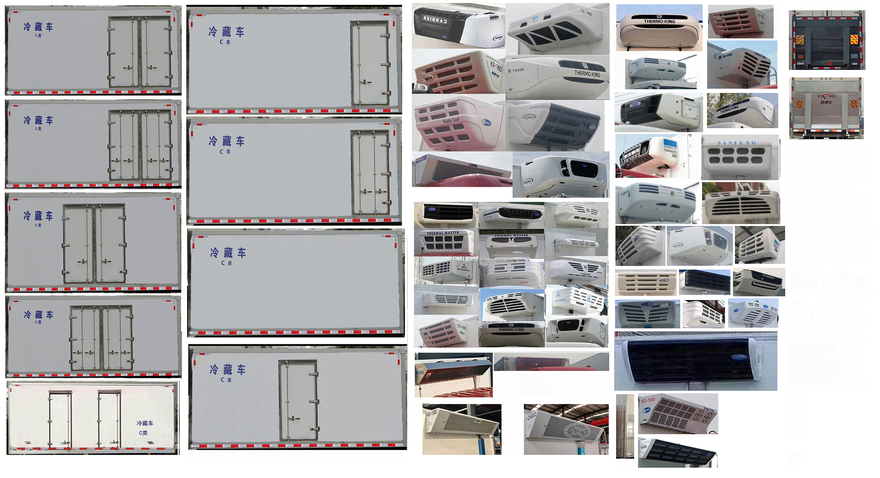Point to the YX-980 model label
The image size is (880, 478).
coord(586,13)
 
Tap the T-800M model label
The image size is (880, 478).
coord(517,70)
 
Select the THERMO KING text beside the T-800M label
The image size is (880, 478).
coord(587,73)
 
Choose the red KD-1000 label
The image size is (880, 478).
coord(648,400)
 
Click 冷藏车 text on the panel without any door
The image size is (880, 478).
coord(228,253)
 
